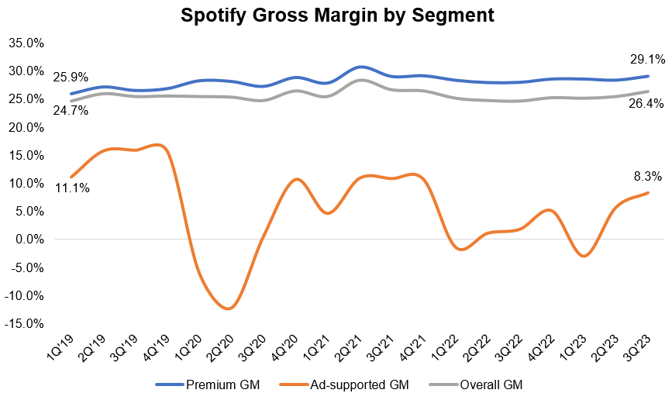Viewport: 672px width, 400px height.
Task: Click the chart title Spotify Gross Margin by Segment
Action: tap(336, 15)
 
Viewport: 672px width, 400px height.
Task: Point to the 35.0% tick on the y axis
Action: tap(26, 43)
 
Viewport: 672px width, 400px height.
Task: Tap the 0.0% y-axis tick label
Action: tap(29, 240)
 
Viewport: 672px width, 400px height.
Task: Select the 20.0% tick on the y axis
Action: tap(26, 127)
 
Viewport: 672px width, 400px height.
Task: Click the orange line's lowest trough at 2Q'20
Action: tap(227, 309)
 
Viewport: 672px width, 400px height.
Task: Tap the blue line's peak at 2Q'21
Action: tap(361, 67)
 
